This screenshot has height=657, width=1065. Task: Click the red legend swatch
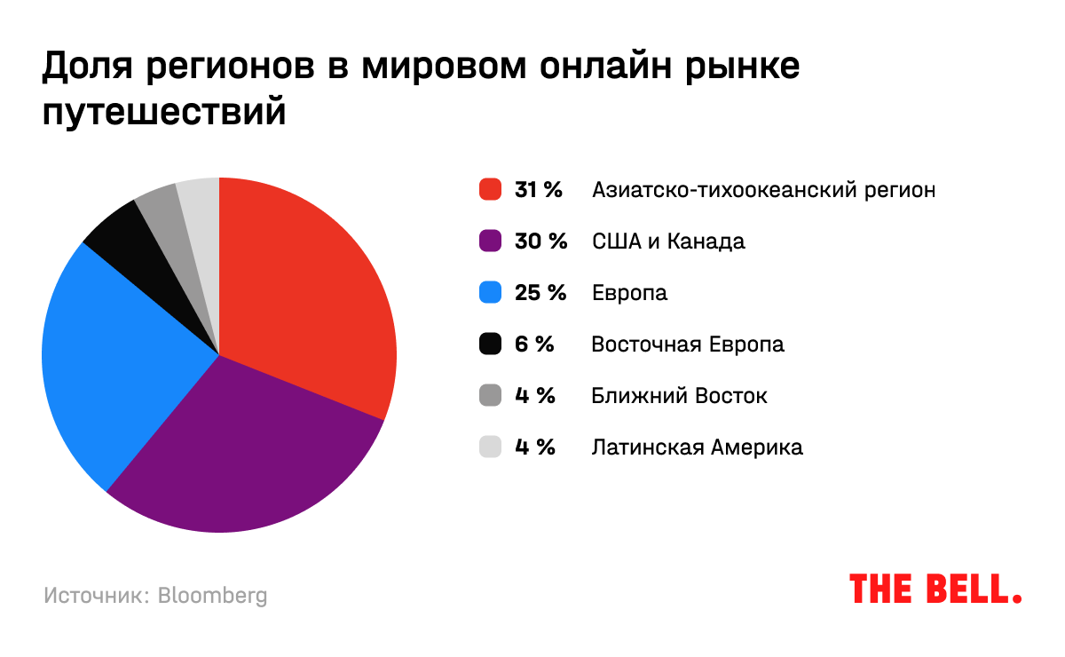(x=491, y=190)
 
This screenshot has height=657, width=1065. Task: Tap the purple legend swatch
(x=491, y=241)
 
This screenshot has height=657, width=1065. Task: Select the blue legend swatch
(x=491, y=293)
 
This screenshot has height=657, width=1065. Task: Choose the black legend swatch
(x=491, y=344)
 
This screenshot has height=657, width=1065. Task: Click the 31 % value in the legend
(x=539, y=190)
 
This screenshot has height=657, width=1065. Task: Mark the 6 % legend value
(x=534, y=344)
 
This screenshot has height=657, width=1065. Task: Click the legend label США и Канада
(x=668, y=241)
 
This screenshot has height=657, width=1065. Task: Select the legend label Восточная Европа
(x=688, y=344)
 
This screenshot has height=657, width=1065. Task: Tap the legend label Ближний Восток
(x=679, y=396)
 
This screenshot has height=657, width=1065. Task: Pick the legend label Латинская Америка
(x=697, y=447)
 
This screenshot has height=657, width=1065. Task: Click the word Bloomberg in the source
(x=212, y=596)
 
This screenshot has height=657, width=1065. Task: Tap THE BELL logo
(x=935, y=589)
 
